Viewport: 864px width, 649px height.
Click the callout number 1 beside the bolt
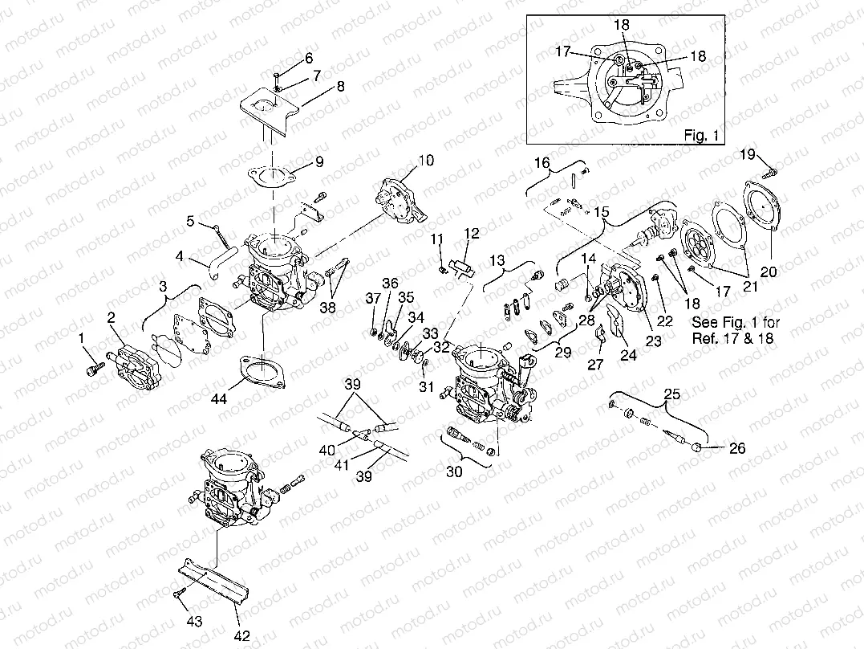(x=81, y=341)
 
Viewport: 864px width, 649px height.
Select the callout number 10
(x=425, y=160)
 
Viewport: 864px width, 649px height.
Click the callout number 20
(x=769, y=271)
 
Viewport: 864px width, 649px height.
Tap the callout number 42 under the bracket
(x=239, y=622)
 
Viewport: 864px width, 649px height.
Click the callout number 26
(x=736, y=448)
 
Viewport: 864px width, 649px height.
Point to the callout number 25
(x=672, y=395)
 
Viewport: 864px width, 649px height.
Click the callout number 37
(x=373, y=299)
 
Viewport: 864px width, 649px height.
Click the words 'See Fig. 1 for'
(x=735, y=322)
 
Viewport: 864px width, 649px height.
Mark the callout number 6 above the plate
(x=309, y=58)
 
